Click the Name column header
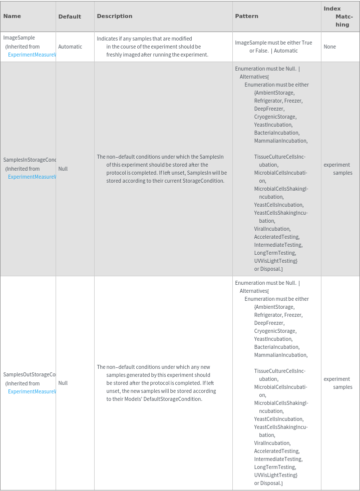click(12, 16)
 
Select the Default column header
click(70, 17)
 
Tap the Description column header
click(115, 16)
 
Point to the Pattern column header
click(247, 16)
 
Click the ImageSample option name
click(19, 38)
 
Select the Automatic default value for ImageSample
click(70, 47)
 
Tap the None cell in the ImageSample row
click(330, 47)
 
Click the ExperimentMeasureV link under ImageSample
click(32, 55)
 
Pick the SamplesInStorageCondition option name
click(30, 160)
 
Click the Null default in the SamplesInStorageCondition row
click(63, 169)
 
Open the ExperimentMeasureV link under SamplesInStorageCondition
click(32, 177)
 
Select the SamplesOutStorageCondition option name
click(30, 374)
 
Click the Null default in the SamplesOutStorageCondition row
click(63, 383)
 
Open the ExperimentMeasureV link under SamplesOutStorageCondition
click(32, 391)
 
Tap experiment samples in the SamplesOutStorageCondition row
click(338, 383)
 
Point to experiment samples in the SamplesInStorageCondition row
click(338, 169)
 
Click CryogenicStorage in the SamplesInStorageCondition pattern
click(275, 117)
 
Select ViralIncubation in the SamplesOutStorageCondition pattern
click(272, 443)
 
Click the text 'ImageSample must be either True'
click(273, 43)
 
